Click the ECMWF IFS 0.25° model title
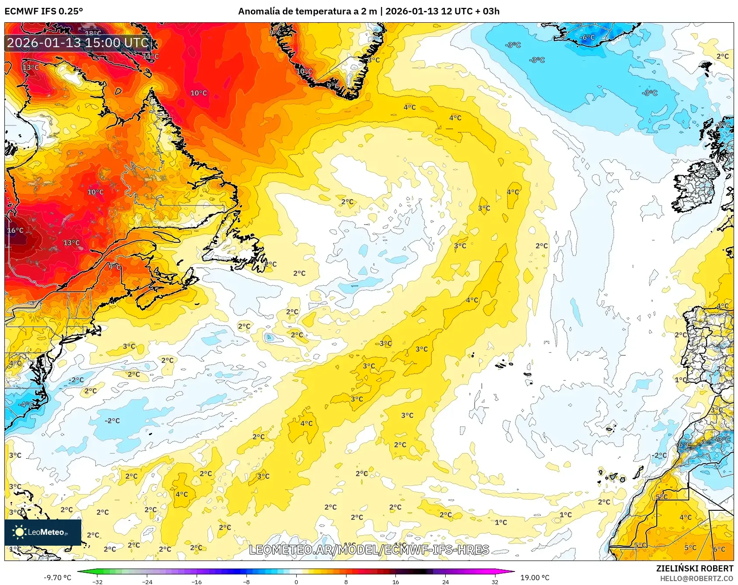pyautogui.click(x=44, y=11)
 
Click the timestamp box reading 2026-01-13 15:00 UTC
pyautogui.click(x=78, y=43)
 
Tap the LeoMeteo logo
pyautogui.click(x=43, y=532)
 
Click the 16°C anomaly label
pyautogui.click(x=15, y=230)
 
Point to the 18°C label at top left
pyautogui.click(x=93, y=34)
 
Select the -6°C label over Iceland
pyautogui.click(x=588, y=38)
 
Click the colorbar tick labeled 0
pyautogui.click(x=296, y=582)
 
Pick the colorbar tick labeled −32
pyautogui.click(x=97, y=582)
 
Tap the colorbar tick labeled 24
pyautogui.click(x=445, y=582)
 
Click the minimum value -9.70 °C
pyautogui.click(x=57, y=578)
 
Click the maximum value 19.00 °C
pyautogui.click(x=535, y=578)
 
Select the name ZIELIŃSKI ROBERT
pyautogui.click(x=694, y=568)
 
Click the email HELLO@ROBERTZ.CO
pyautogui.click(x=696, y=578)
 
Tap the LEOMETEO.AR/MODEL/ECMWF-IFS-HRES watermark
pyautogui.click(x=369, y=550)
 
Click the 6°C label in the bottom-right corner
pyautogui.click(x=719, y=549)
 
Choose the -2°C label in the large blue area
pyautogui.click(x=112, y=421)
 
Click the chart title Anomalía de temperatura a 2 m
pyautogui.click(x=307, y=11)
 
